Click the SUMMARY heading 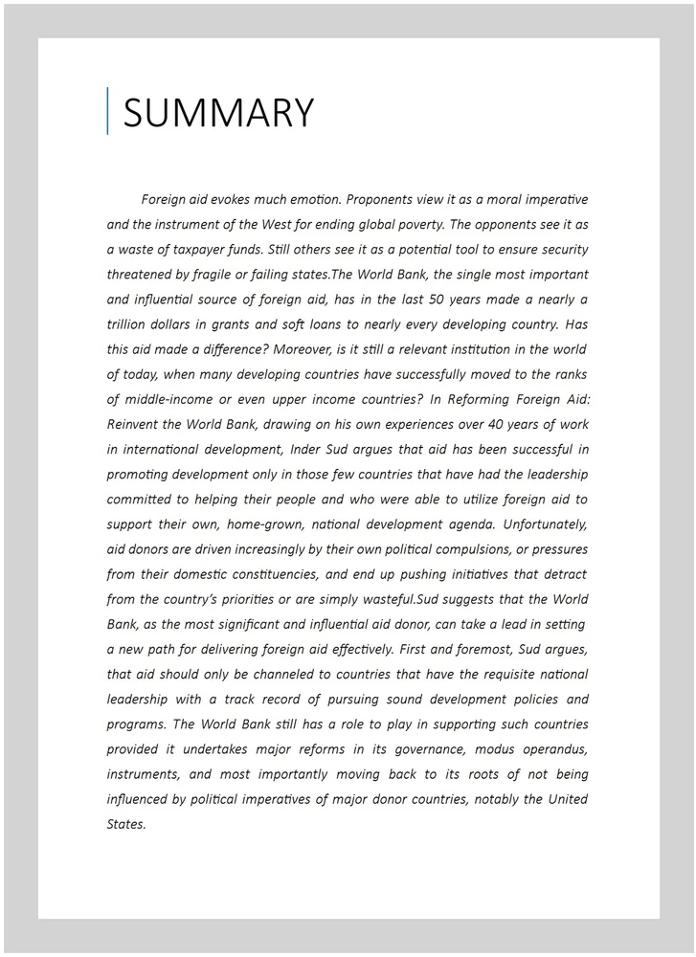tap(218, 113)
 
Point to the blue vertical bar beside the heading tap(107, 111)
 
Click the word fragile tap(224, 275)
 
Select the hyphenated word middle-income tap(172, 399)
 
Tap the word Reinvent tap(135, 424)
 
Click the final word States tap(125, 823)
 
